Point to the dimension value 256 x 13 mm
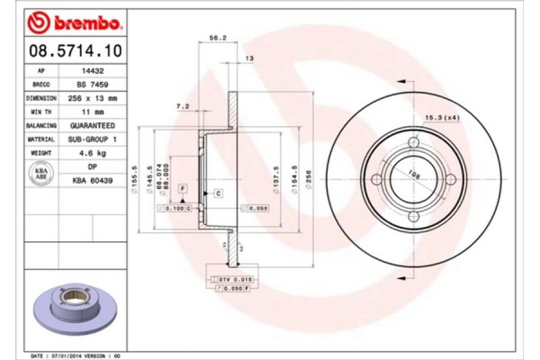(93, 97)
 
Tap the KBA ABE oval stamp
(41, 175)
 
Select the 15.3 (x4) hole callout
(441, 118)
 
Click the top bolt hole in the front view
(414, 143)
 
